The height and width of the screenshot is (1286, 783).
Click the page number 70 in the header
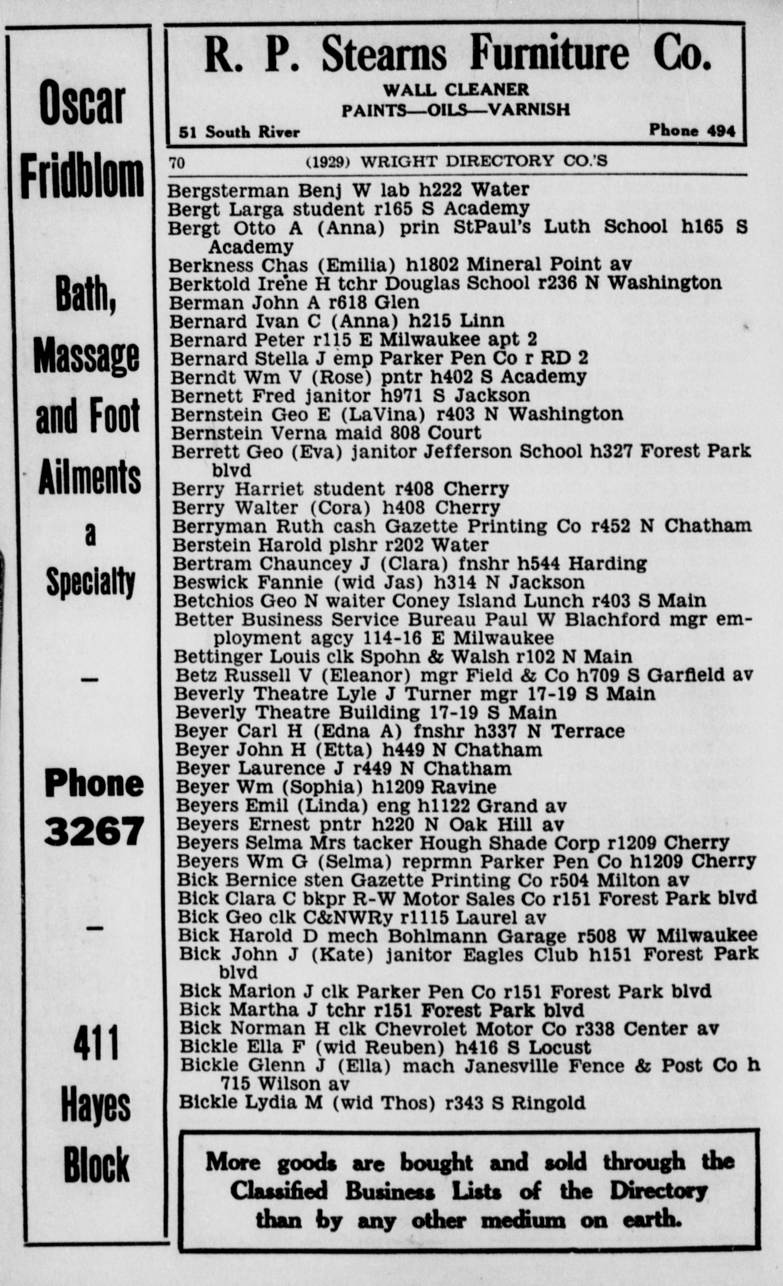coord(177,163)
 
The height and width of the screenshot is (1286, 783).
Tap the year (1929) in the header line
coord(327,162)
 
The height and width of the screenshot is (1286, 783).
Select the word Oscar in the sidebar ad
coord(82,103)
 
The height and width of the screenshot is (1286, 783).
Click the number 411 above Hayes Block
coord(96,1043)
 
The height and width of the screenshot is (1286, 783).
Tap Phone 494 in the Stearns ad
coord(692,130)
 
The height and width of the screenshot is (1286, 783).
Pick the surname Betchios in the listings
coord(213,601)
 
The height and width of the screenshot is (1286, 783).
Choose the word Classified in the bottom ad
coord(279,1190)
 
